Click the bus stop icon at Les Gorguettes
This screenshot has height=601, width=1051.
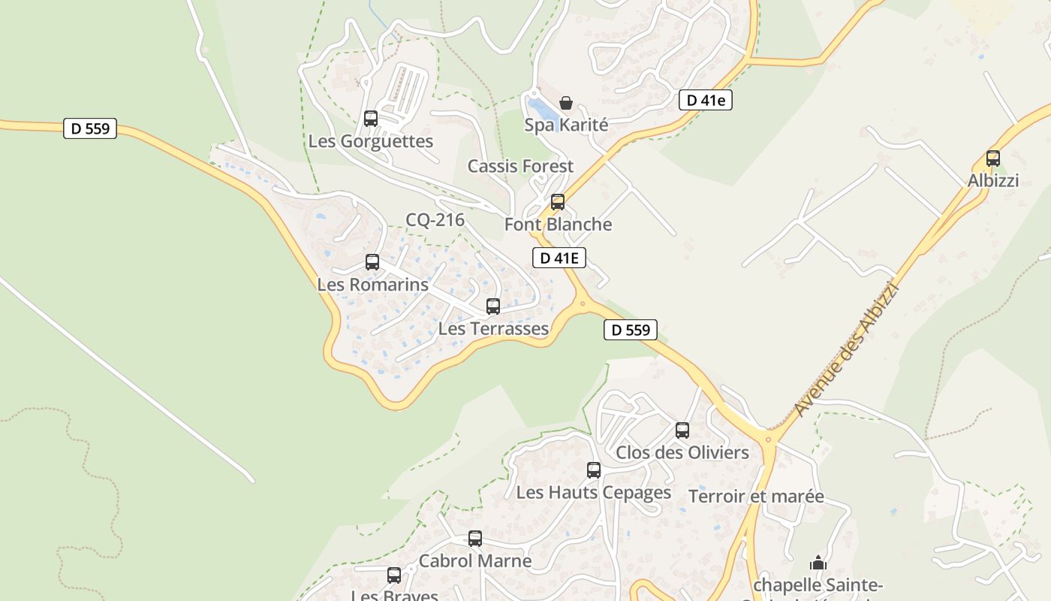pos(371,119)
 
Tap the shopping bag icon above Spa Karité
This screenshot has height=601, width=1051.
pos(566,103)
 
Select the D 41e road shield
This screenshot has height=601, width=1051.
pos(705,100)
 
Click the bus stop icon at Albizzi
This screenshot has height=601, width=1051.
pos(993,159)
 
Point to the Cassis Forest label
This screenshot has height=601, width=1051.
pos(520,166)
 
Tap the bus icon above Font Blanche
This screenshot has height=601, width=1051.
pos(558,202)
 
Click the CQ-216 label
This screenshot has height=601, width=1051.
pos(435,220)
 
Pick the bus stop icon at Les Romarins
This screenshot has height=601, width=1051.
pos(372,262)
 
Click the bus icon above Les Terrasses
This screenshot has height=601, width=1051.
pos(493,307)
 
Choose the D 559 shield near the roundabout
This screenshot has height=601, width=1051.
pos(631,330)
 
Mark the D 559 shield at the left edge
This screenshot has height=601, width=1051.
pos(90,128)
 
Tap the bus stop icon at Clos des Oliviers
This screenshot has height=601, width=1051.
pos(682,430)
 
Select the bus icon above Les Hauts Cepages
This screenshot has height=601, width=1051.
pos(594,470)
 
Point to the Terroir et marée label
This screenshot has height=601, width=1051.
pos(756,497)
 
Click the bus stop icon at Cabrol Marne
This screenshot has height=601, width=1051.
pos(475,539)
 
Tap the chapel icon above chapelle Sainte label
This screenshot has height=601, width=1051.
pos(818,563)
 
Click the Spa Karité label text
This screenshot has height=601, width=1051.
pos(566,125)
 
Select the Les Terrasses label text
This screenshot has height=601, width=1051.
pos(493,328)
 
